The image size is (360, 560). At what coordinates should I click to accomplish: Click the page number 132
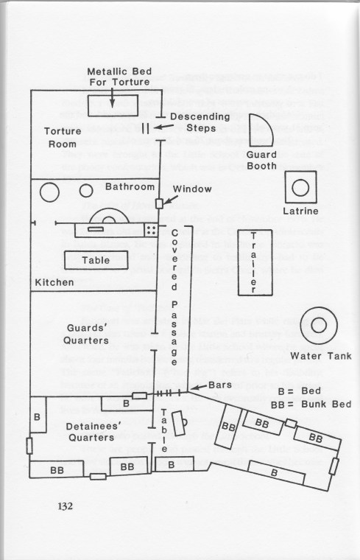(x=65, y=506)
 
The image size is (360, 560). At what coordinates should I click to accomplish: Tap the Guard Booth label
(x=261, y=161)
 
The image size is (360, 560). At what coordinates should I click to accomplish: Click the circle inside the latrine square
(x=300, y=187)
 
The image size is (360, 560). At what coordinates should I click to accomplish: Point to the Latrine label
(x=300, y=211)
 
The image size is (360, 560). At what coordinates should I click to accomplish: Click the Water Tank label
(x=321, y=356)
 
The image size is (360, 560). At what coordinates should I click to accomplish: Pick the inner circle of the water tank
(x=319, y=326)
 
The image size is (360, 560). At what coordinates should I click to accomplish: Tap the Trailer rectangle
(x=255, y=263)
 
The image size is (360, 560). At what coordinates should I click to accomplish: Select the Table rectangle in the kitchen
(x=96, y=260)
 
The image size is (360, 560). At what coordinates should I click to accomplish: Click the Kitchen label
(x=54, y=282)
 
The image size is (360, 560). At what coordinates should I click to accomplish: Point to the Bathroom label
(x=130, y=186)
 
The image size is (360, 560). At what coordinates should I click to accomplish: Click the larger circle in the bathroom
(x=49, y=192)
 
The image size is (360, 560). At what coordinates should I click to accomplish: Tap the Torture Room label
(x=63, y=138)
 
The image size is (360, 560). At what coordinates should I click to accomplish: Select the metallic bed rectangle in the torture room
(x=113, y=105)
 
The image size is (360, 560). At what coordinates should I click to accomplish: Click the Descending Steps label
(x=200, y=122)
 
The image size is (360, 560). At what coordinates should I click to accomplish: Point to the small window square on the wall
(x=159, y=203)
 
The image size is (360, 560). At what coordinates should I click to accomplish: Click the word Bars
(x=220, y=385)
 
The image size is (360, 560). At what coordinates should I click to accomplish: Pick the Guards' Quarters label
(x=86, y=334)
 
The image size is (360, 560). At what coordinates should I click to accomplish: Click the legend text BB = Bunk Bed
(x=311, y=405)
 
